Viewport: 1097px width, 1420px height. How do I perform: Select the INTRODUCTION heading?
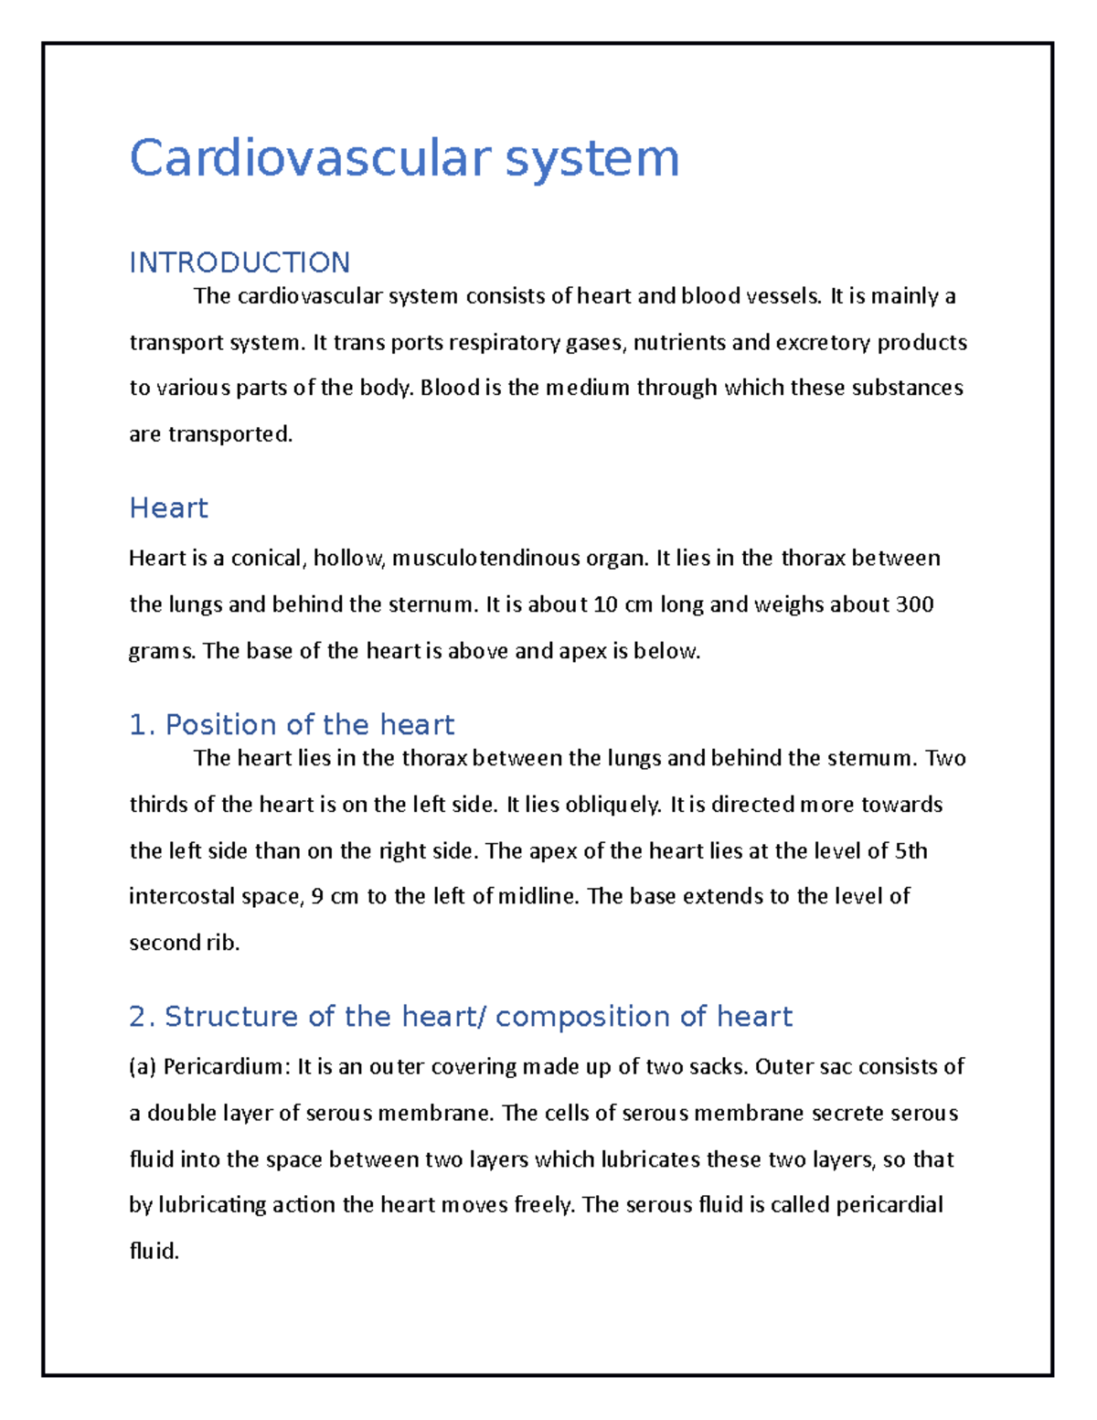(240, 262)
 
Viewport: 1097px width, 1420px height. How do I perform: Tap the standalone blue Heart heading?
(168, 507)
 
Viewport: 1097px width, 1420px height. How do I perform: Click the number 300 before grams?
(914, 604)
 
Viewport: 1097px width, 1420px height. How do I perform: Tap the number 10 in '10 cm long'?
(605, 604)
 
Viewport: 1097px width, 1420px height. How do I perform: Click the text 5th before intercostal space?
(911, 851)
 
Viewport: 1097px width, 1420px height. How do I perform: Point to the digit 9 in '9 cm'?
(317, 896)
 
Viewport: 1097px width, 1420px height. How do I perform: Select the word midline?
(538, 896)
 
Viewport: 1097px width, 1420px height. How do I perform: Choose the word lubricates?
(650, 1159)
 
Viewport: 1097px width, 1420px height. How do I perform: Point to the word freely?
(545, 1205)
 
